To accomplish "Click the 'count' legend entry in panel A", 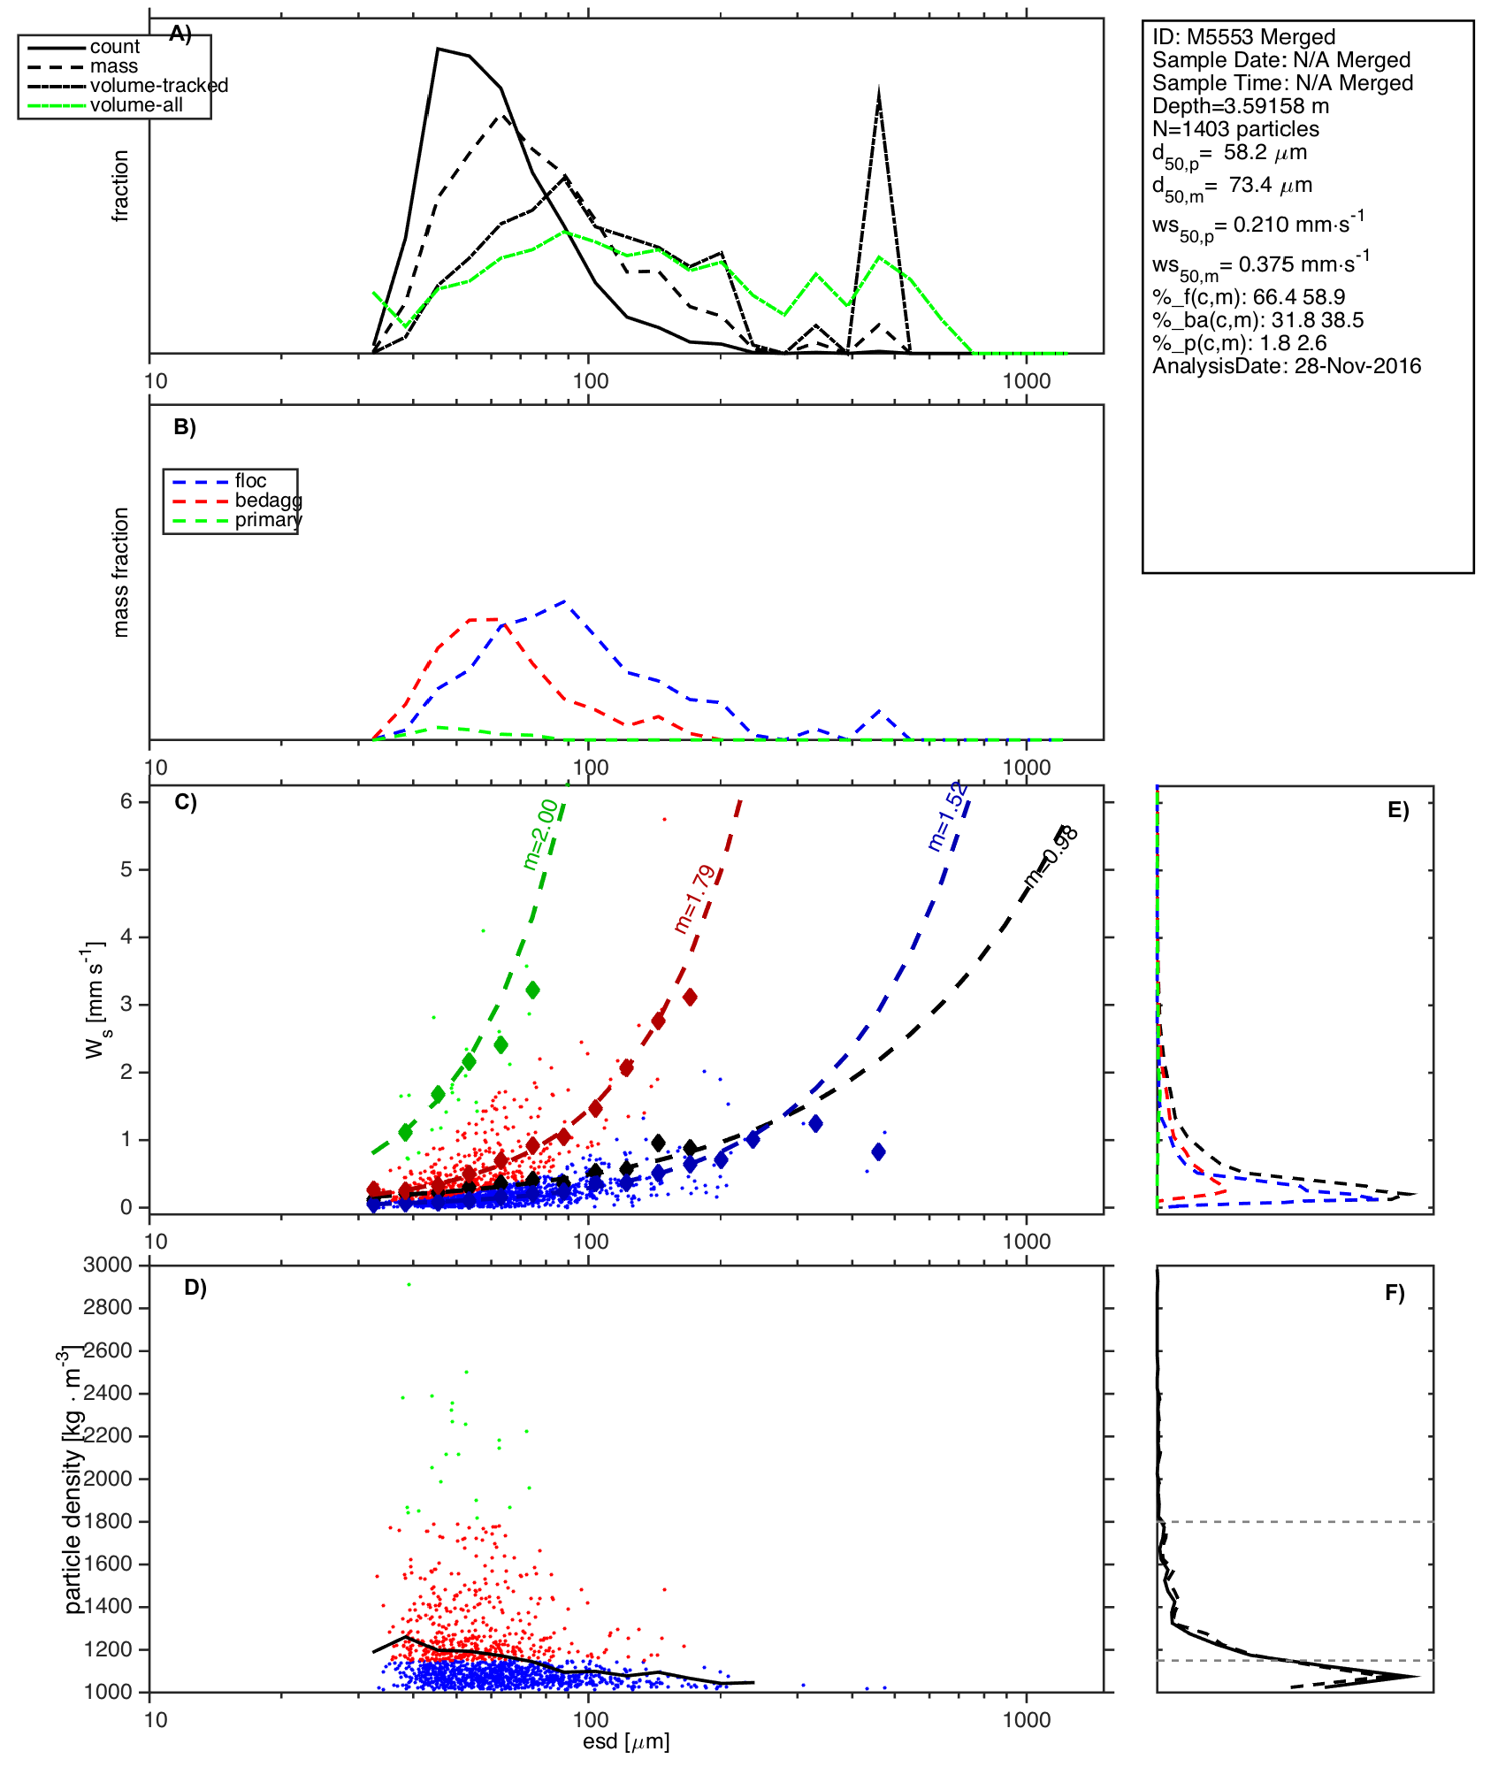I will click(114, 47).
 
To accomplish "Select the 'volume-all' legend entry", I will click(136, 105).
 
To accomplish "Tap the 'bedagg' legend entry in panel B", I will click(268, 501).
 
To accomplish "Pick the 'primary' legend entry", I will click(268, 520).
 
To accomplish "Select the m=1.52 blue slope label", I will click(948, 817).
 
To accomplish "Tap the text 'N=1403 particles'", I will click(1235, 129).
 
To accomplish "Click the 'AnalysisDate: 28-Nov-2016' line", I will click(1287, 366).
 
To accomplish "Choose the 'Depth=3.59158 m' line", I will click(1241, 106).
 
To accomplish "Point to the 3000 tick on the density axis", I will click(108, 1265).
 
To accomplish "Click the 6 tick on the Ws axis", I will click(126, 801).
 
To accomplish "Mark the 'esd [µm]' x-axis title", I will click(626, 1741).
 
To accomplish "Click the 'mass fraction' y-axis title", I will click(121, 572).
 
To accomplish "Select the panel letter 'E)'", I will click(1398, 811).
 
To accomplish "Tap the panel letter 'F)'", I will click(1395, 1294).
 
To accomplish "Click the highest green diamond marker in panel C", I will click(532, 990).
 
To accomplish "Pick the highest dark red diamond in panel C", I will click(690, 997).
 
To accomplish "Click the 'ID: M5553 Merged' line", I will click(1243, 37).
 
